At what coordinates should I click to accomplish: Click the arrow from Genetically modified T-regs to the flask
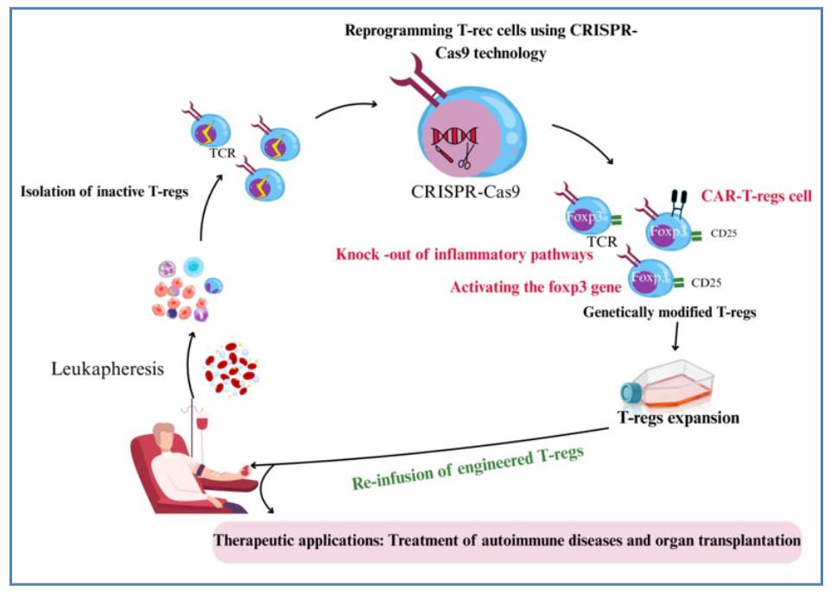(x=673, y=342)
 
